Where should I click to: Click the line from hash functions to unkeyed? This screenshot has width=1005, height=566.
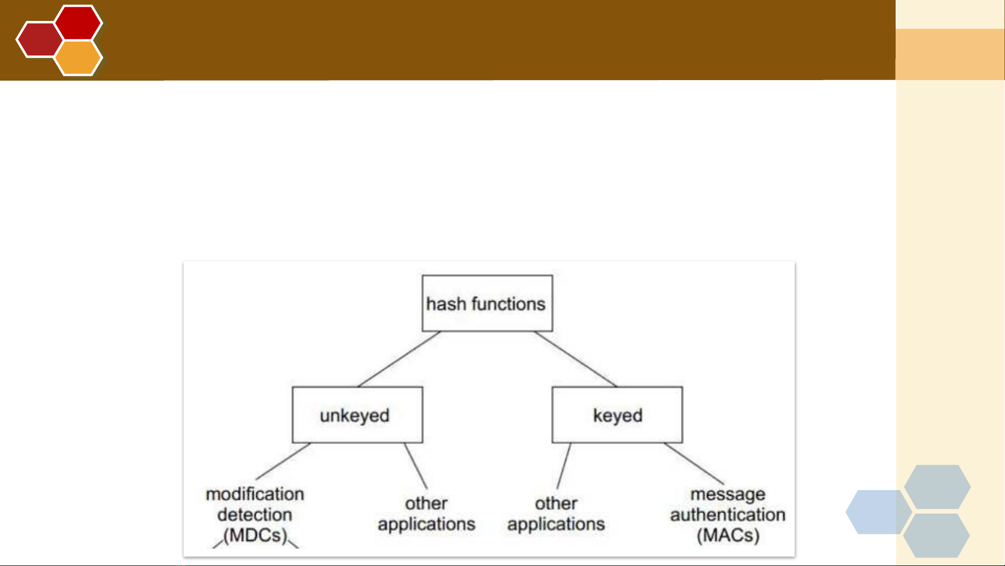click(x=399, y=359)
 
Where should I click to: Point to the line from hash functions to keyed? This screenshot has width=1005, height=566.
click(x=575, y=359)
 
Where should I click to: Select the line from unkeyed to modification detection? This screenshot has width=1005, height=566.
click(x=283, y=461)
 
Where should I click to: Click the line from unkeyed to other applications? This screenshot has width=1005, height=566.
click(x=415, y=466)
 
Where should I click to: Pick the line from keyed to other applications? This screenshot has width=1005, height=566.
click(x=564, y=466)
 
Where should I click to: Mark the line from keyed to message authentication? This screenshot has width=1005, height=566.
click(x=694, y=463)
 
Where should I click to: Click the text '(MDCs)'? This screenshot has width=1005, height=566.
click(x=255, y=535)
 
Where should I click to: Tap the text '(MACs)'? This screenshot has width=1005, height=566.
click(x=728, y=535)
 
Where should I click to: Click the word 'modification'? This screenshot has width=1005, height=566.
click(x=255, y=494)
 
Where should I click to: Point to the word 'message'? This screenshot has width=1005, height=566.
click(x=728, y=495)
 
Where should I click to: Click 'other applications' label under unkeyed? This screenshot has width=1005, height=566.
click(x=426, y=514)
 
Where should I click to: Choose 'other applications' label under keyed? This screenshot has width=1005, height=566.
click(x=556, y=514)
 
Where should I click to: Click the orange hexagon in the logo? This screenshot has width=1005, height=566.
click(x=78, y=58)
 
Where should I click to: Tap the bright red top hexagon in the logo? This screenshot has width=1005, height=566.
click(x=78, y=23)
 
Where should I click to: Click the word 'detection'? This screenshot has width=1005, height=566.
click(x=255, y=515)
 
